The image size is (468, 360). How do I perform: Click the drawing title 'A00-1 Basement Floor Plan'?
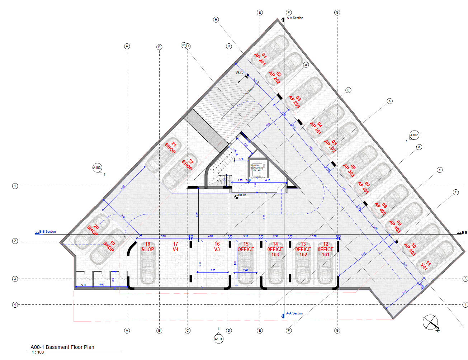point(62,347)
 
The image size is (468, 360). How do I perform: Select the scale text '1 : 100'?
point(38,352)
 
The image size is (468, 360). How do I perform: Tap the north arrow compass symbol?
point(430,322)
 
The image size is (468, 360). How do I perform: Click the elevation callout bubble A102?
point(414,135)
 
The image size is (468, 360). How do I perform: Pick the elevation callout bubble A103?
point(97,167)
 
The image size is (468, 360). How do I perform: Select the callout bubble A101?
point(218,339)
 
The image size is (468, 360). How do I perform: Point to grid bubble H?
point(216,19)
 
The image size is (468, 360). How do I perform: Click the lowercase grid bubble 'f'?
point(456,192)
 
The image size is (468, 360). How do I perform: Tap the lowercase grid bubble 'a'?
point(306,65)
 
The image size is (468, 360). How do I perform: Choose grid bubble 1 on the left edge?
point(15,186)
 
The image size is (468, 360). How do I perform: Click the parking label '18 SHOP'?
point(147,247)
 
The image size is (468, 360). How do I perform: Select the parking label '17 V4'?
point(175,247)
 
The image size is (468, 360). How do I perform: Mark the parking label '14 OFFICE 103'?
point(275,249)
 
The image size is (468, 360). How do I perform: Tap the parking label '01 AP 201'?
point(261,58)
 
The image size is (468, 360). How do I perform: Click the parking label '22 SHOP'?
point(188,164)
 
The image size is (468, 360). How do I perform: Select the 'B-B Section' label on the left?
point(47,232)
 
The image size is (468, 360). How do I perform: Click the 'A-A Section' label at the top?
point(295,18)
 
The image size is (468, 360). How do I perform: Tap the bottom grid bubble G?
point(337,330)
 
